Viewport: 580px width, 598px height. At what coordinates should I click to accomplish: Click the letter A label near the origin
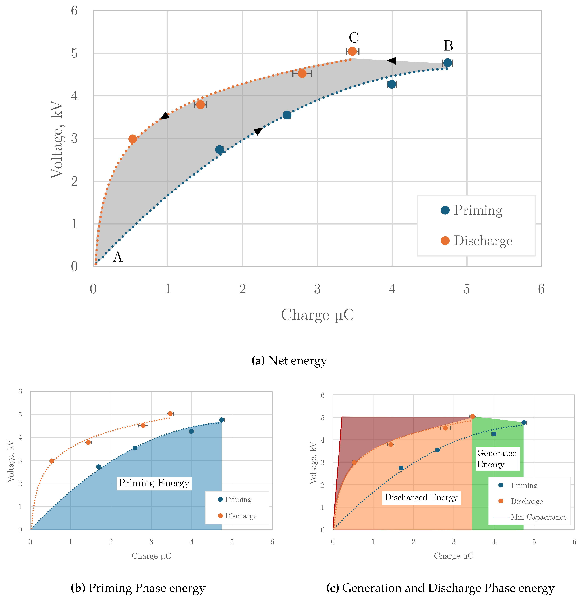tap(118, 257)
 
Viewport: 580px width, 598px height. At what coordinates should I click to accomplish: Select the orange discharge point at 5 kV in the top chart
tap(352, 51)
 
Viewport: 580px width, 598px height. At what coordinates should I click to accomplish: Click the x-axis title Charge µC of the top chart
tap(317, 315)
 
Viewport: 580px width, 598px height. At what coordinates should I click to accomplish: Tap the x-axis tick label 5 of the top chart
tap(467, 289)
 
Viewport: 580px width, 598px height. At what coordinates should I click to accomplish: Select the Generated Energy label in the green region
tap(497, 459)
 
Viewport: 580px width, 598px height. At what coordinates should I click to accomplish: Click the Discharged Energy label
tap(421, 498)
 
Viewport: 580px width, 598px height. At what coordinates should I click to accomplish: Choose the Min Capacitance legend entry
tap(538, 517)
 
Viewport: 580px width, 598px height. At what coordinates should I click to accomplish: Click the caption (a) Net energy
tap(289, 361)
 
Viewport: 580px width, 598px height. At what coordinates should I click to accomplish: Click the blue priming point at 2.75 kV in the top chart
tap(219, 149)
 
